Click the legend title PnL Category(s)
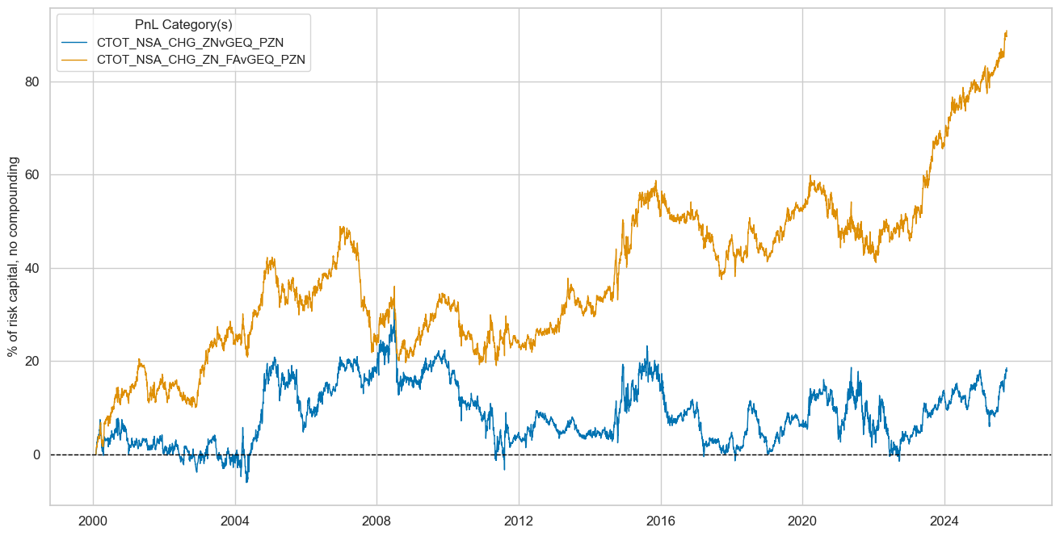coord(183,25)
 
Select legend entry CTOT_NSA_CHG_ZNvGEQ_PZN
coord(190,43)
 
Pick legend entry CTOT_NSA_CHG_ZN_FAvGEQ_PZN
coord(202,59)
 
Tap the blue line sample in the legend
coord(75,43)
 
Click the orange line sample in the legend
coord(75,59)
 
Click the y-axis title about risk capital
coord(13,257)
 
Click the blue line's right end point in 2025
coord(1007,369)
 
